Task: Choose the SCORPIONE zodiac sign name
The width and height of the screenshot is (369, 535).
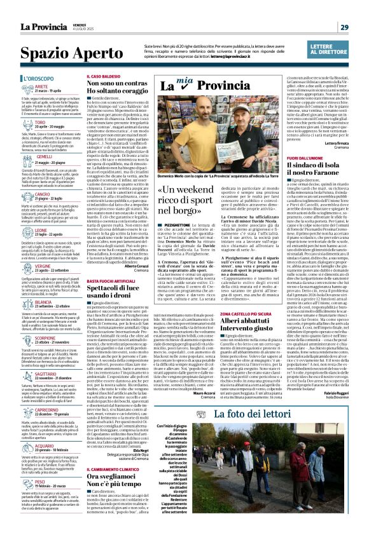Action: (46, 337)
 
